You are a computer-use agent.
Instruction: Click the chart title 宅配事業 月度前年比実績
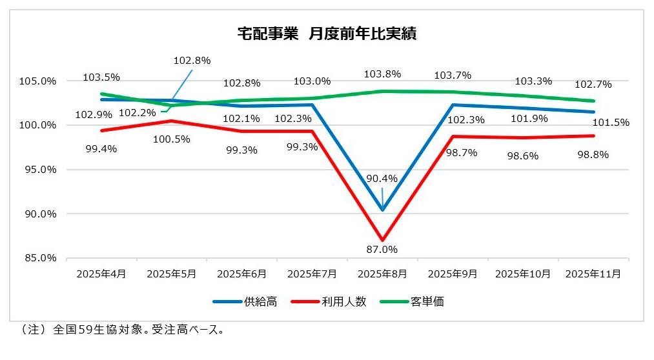pos(326,34)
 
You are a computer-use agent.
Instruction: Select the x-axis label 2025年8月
pos(383,274)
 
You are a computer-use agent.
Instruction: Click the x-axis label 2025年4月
pos(101,274)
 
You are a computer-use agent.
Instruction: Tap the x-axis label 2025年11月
pos(593,274)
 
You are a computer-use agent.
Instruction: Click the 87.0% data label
pos(382,249)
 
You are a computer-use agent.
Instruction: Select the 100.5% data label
pos(172,138)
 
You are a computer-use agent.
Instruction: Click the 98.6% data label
pos(523,156)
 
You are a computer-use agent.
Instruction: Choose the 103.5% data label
pos(101,77)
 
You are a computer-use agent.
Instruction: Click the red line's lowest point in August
pos(383,240)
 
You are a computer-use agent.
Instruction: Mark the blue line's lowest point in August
pos(383,210)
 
